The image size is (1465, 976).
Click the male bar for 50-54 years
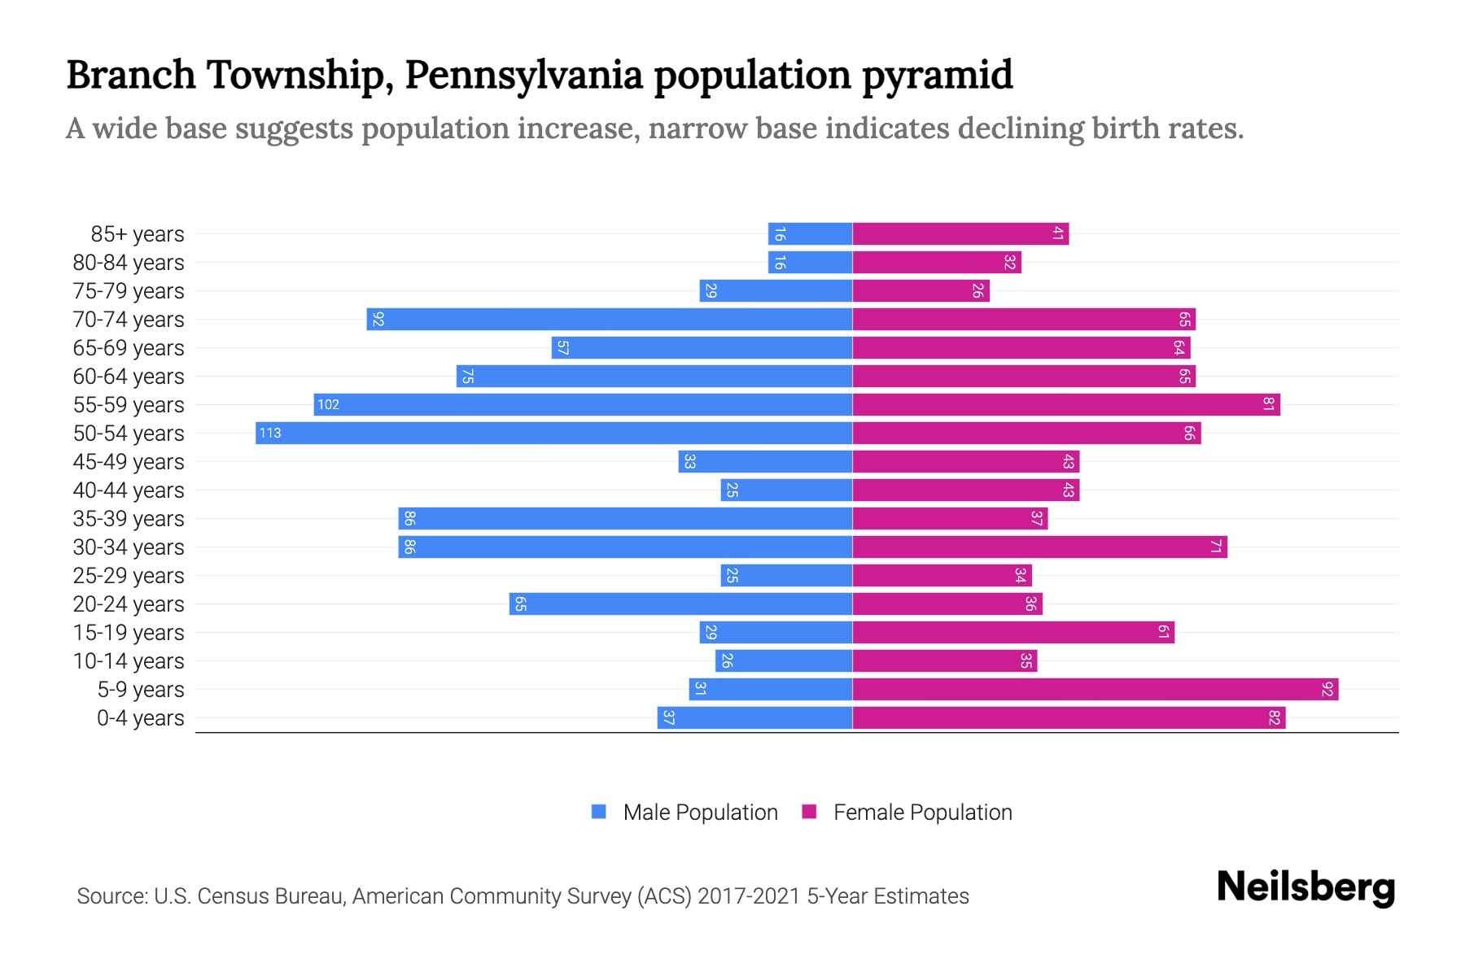click(x=553, y=433)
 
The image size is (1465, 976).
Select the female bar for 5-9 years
click(x=1095, y=690)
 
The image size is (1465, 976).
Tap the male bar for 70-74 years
click(x=609, y=320)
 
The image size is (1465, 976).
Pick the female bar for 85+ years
click(x=960, y=234)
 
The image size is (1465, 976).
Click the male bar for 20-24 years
click(x=680, y=604)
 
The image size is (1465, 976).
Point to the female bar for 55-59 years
click(x=1066, y=405)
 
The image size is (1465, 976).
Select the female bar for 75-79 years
click(x=921, y=291)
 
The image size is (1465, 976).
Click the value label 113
click(x=270, y=434)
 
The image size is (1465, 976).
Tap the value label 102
click(x=328, y=405)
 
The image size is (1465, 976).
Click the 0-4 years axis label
click(x=140, y=718)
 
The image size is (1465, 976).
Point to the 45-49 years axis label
click(x=129, y=462)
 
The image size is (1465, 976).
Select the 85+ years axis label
click(x=138, y=234)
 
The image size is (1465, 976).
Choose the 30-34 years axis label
click(x=129, y=547)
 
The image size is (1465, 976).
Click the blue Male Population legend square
click(x=599, y=812)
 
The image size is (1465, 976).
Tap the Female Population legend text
click(x=922, y=812)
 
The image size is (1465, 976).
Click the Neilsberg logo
click(x=1305, y=887)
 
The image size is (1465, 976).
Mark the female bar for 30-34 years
click(x=1039, y=547)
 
